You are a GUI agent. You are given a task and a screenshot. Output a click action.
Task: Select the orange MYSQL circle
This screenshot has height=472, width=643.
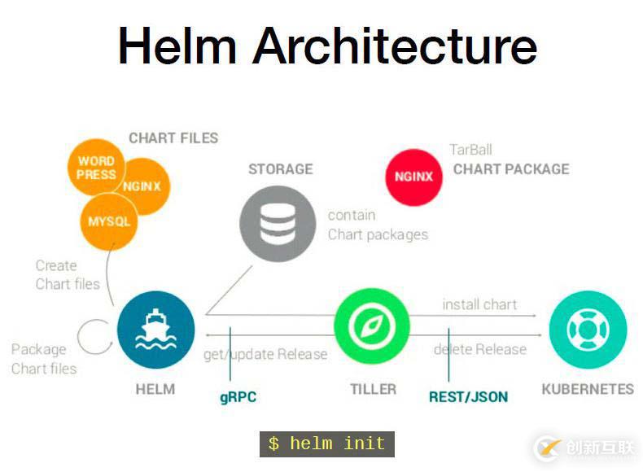click(x=108, y=221)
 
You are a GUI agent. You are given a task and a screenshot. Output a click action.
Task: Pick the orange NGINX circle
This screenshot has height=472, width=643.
click(x=143, y=186)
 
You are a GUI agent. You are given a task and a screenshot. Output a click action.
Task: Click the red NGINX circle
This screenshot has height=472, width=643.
click(x=413, y=176)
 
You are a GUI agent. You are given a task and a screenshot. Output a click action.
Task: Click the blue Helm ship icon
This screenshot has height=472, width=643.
click(x=155, y=330)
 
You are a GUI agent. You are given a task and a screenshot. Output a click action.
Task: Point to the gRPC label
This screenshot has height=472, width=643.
click(x=238, y=397)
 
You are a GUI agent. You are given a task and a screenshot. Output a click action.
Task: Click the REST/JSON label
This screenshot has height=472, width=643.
click(x=468, y=397)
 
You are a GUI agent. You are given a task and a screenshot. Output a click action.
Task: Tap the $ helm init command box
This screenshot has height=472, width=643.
click(x=326, y=444)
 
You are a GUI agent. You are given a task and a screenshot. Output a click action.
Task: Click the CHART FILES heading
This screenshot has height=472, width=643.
click(x=173, y=138)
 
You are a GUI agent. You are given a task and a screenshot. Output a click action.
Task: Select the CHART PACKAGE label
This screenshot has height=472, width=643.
click(x=511, y=169)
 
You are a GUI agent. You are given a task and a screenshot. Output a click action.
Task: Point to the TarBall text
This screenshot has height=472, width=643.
click(x=470, y=150)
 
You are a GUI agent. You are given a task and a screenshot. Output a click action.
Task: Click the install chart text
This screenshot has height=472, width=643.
click(x=479, y=304)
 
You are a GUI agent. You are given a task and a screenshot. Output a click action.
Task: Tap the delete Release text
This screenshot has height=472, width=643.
click(x=479, y=349)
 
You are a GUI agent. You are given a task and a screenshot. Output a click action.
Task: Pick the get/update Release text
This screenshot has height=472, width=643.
click(x=265, y=354)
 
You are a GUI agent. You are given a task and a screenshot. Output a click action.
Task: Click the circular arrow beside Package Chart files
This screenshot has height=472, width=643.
click(x=94, y=336)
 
